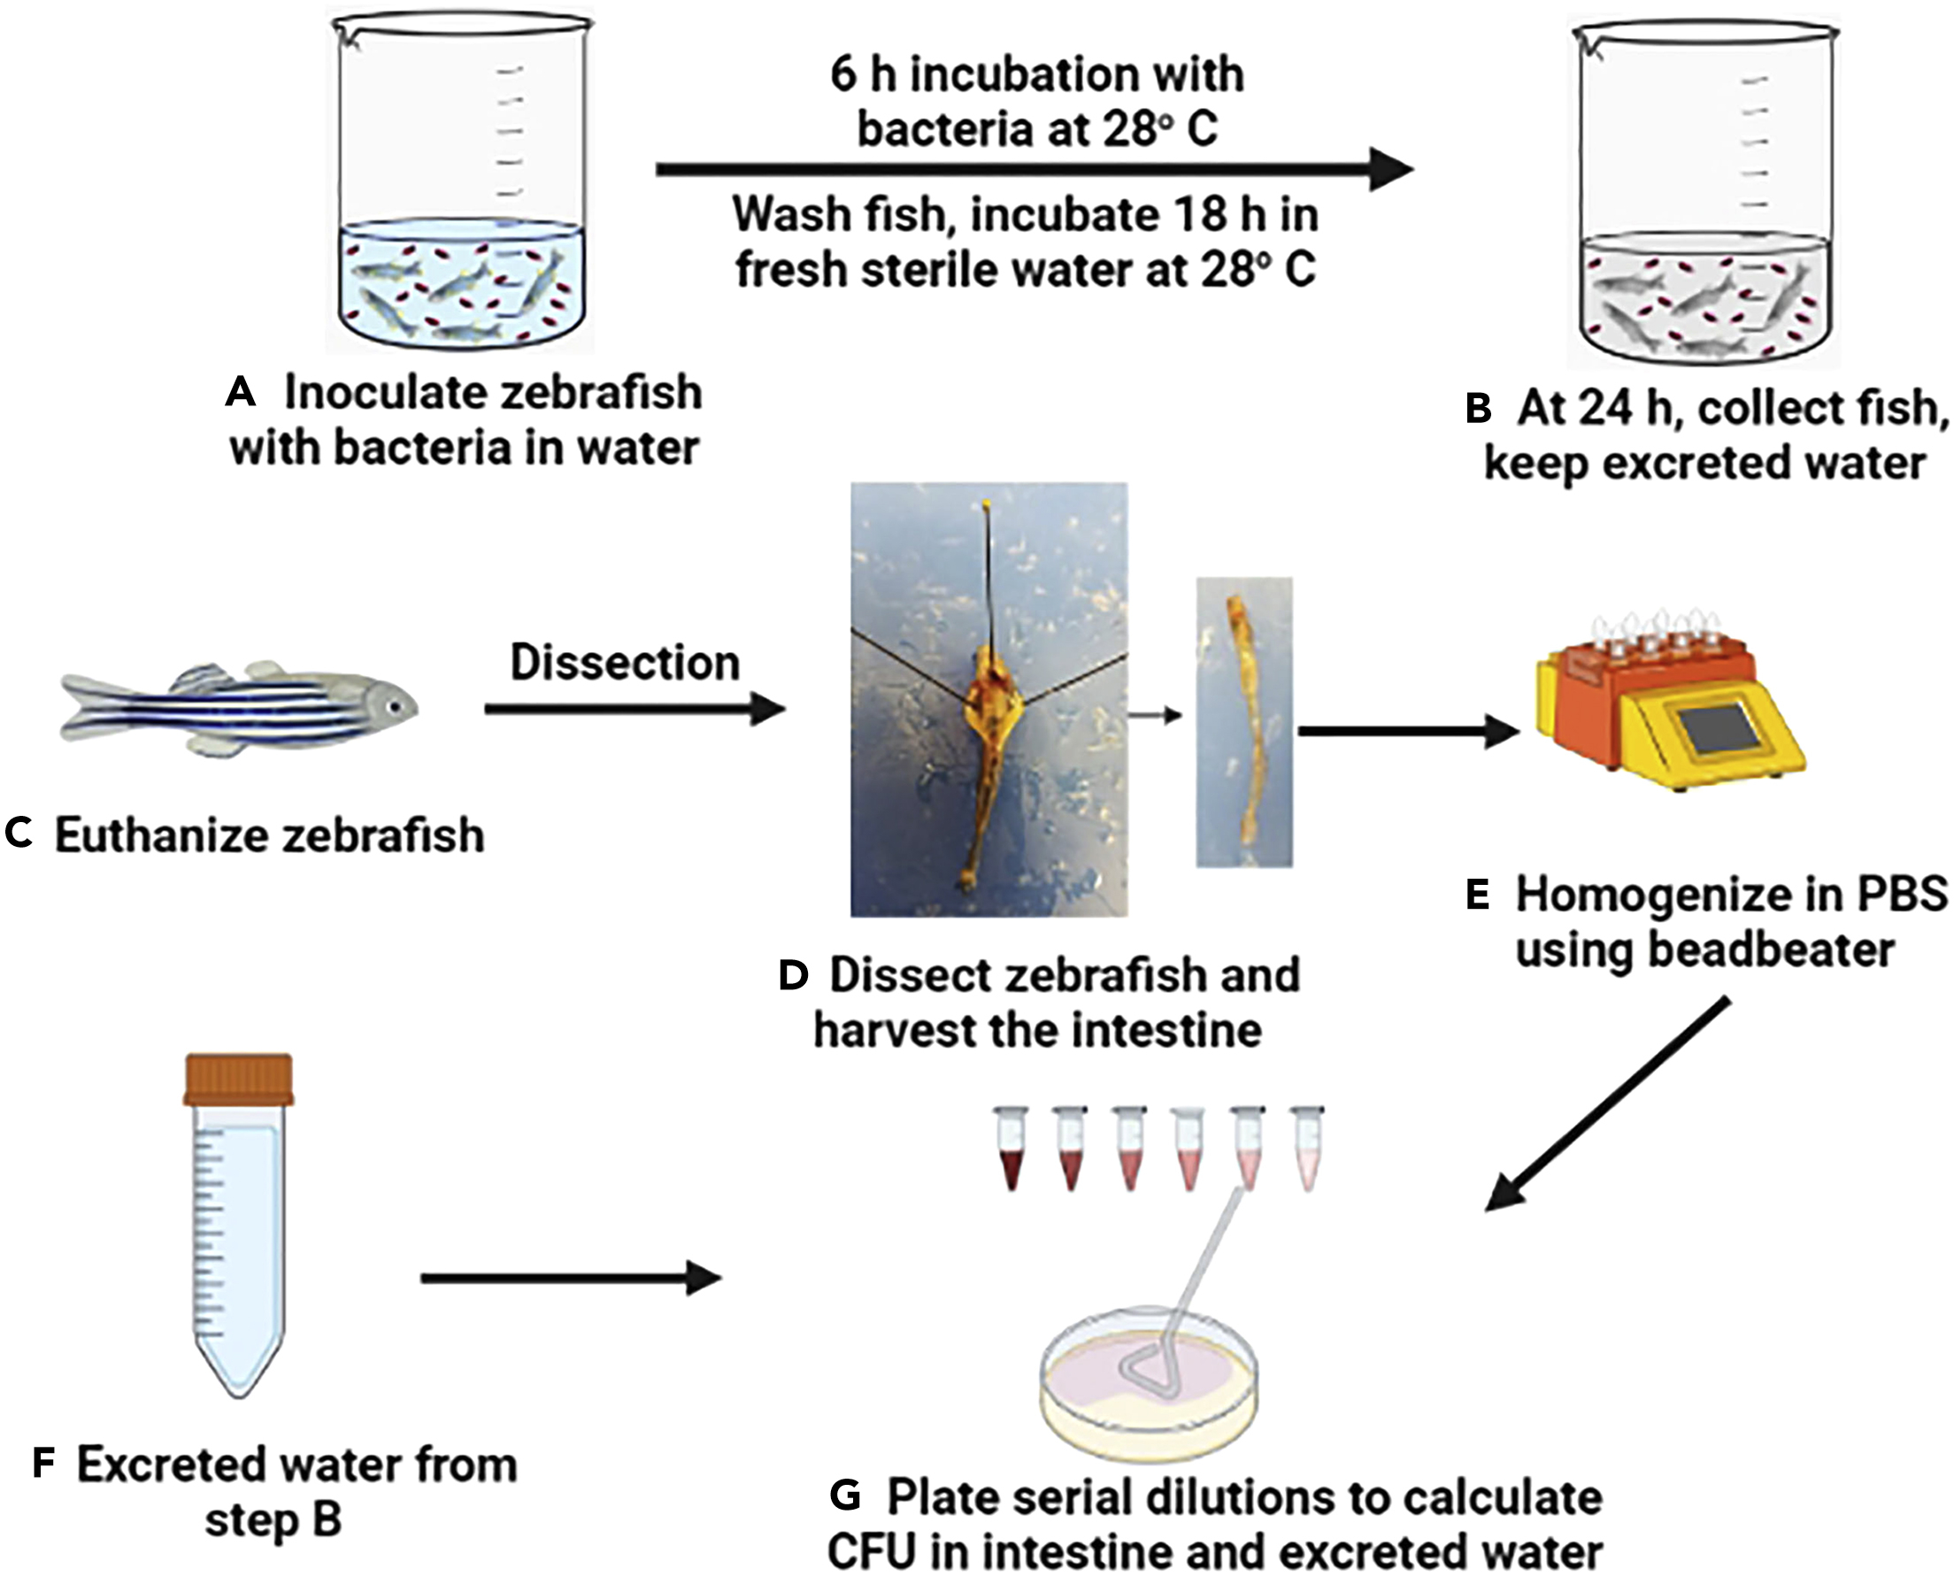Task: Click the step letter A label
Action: tap(241, 392)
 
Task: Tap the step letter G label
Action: tap(844, 1495)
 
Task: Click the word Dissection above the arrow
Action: tap(625, 663)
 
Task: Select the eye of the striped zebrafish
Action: tap(394, 706)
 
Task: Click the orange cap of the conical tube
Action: tap(239, 1080)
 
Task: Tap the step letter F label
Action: tap(43, 1465)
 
